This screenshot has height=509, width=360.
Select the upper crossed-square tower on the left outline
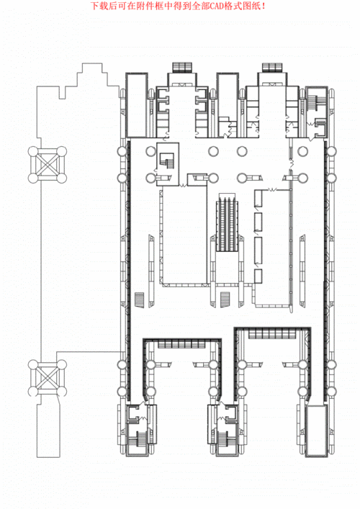(x=47, y=165)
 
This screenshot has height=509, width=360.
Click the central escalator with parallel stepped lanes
(x=228, y=222)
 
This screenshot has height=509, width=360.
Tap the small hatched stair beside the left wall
(x=140, y=299)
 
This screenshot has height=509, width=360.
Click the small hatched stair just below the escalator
(x=225, y=297)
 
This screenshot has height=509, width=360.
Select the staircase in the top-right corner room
(x=315, y=102)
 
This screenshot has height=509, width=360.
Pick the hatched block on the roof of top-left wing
(x=182, y=68)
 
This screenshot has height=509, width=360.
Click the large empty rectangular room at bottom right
(x=316, y=430)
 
